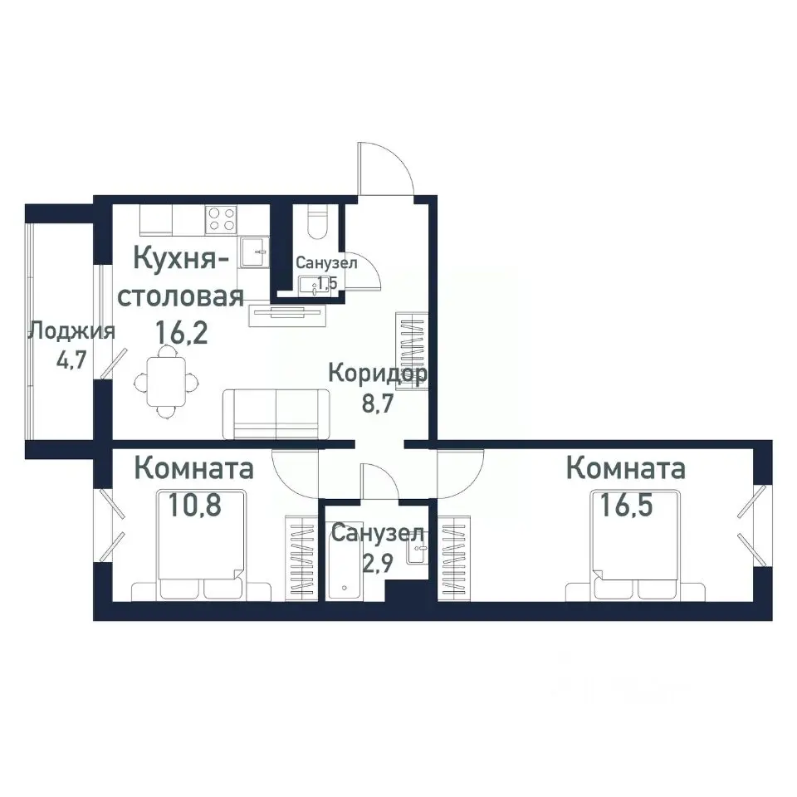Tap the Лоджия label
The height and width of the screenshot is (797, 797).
pos(71,332)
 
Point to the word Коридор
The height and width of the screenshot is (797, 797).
pos(378,373)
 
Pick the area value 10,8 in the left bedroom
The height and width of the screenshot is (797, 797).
pos(195,506)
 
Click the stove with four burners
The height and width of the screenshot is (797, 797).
pos(222,218)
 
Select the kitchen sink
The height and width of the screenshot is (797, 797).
pos(255,252)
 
